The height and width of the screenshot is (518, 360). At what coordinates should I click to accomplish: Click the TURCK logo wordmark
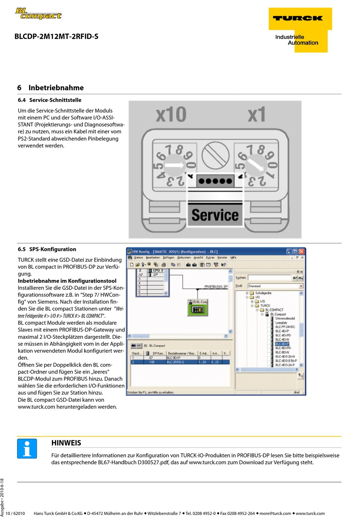point(298,18)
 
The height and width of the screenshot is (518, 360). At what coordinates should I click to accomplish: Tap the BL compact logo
point(38,14)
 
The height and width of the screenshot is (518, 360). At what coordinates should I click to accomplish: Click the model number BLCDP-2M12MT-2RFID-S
point(56,37)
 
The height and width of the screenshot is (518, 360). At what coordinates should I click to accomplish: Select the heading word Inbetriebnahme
point(56,88)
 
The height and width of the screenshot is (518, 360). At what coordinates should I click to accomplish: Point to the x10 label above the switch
point(171,114)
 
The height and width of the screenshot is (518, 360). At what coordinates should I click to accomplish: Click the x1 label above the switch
point(257,114)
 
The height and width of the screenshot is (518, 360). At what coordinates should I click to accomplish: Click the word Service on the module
point(215,215)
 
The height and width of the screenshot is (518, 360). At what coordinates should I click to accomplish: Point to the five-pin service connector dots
point(215,181)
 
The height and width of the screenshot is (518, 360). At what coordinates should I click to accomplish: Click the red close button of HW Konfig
point(302,252)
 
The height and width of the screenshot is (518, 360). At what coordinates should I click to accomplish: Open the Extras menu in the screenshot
point(210,258)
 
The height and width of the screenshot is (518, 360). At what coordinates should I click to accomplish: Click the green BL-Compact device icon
point(198,309)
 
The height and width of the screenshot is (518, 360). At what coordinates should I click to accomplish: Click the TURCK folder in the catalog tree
point(265,305)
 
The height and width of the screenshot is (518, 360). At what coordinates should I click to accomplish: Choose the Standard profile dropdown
point(275,286)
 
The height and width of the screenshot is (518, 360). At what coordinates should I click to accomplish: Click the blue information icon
point(27,449)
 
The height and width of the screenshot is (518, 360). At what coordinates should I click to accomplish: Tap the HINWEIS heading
point(66,443)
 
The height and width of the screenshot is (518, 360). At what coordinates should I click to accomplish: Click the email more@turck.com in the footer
point(275,513)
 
